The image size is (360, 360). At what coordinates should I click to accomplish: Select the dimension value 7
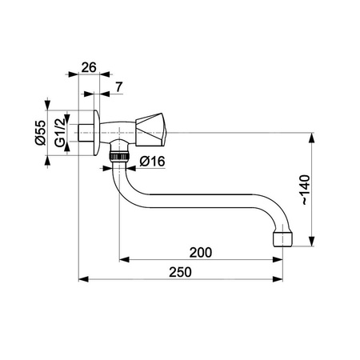118,86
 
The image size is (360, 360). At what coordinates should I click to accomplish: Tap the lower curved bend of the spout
132,196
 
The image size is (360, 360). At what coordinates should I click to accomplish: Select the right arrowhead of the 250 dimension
282,280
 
